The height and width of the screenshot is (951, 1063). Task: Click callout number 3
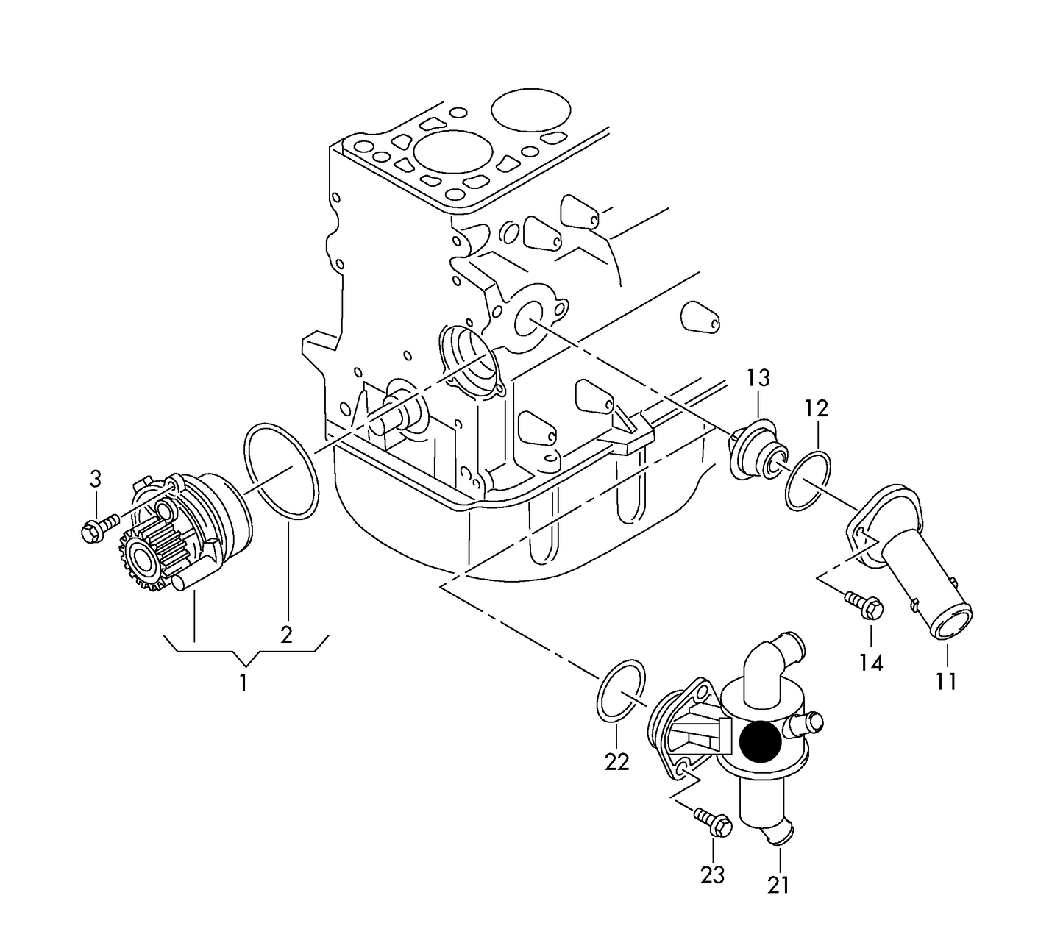click(96, 480)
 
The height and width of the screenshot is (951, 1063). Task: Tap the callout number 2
click(286, 634)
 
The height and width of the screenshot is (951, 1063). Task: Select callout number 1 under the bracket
click(243, 683)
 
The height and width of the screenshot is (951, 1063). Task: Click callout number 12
click(816, 408)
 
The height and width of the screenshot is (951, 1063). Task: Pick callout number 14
click(870, 663)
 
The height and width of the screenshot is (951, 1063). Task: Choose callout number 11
click(947, 681)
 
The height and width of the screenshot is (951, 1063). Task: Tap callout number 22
click(617, 763)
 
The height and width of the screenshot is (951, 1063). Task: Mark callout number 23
click(713, 875)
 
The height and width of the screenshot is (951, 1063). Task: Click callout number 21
click(778, 885)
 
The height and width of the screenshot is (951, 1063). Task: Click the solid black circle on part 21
click(761, 742)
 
